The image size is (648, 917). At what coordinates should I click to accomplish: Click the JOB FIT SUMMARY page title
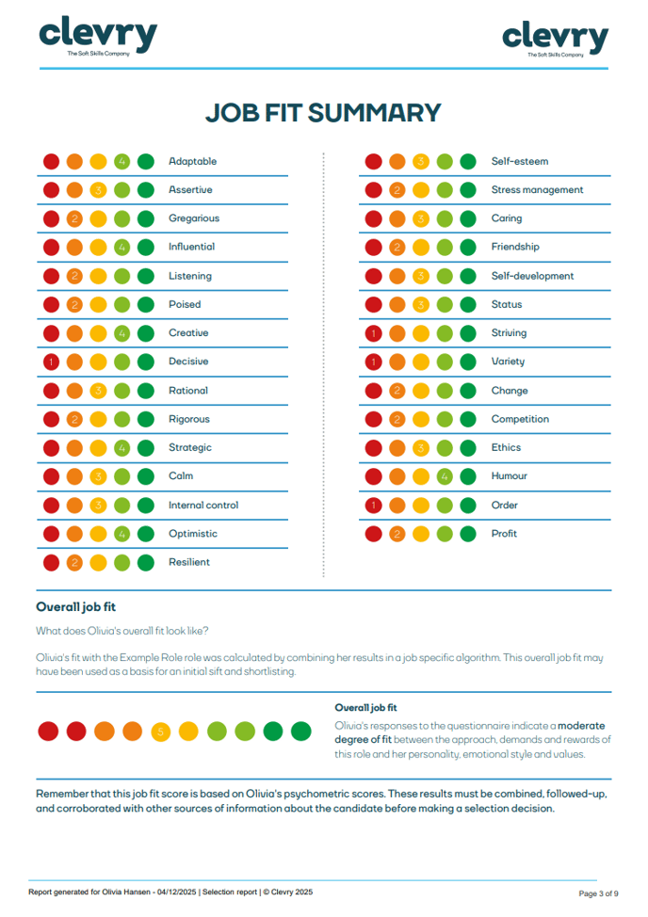323,113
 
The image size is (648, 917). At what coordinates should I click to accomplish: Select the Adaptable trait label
192,161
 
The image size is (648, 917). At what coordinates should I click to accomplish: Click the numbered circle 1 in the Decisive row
52,362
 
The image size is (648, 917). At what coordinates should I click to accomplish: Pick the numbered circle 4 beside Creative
121,333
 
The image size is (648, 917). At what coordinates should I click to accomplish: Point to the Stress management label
537,190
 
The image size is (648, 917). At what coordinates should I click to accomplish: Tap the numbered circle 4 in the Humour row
445,476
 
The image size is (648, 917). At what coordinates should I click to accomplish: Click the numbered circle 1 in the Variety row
374,362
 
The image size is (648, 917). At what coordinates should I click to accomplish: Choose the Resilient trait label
189,562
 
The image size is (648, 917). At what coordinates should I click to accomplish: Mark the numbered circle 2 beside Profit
397,534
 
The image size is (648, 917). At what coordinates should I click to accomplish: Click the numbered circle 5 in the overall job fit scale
160,731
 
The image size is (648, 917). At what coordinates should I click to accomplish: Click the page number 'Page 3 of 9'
597,893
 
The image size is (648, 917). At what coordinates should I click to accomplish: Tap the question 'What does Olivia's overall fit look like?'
122,631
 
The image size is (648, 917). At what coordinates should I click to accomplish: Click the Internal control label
203,505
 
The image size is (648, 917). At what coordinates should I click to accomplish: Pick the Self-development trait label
532,276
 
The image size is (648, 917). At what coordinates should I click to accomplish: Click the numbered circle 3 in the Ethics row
421,448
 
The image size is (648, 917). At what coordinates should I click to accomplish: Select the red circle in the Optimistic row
52,534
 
